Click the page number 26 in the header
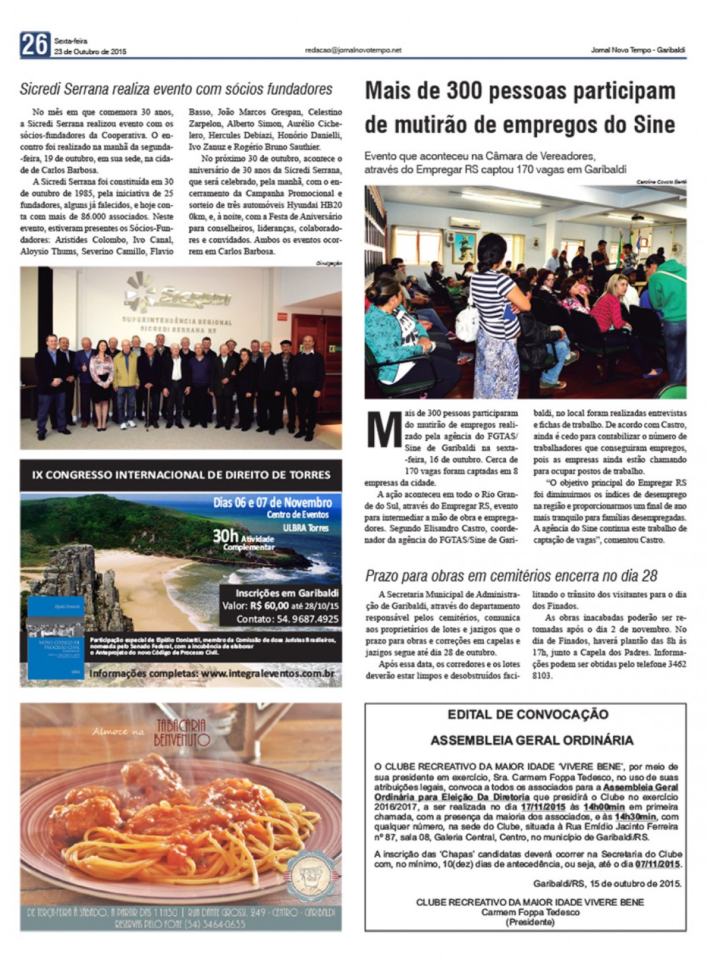click(x=35, y=45)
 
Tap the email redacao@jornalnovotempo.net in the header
click(x=353, y=50)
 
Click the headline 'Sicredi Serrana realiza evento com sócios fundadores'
click(x=176, y=90)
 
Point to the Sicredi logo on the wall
click(x=177, y=295)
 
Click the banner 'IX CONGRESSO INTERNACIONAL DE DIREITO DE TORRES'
click(x=181, y=475)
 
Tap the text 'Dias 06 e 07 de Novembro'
click(x=273, y=502)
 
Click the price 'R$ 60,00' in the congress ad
click(x=269, y=606)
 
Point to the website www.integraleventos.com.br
click(x=267, y=674)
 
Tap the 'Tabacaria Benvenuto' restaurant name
click(x=182, y=733)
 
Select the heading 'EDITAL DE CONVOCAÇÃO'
click(x=528, y=714)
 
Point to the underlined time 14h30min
click(x=635, y=816)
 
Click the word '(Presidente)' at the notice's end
click(x=530, y=922)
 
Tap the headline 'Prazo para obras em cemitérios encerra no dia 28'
click(x=511, y=576)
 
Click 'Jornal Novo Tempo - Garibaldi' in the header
click(x=638, y=50)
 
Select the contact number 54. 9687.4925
click(x=305, y=619)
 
